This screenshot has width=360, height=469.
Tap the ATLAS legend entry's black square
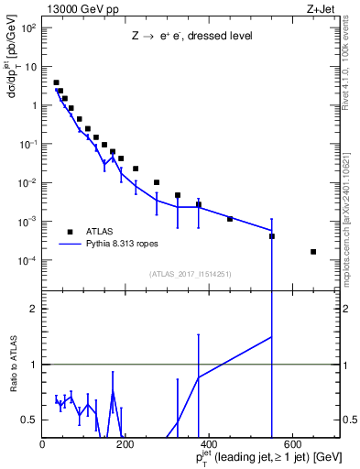click(70, 232)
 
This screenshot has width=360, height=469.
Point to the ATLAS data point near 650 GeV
click(313, 252)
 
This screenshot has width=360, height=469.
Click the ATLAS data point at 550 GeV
click(272, 236)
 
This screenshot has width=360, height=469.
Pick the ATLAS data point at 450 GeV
click(230, 219)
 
